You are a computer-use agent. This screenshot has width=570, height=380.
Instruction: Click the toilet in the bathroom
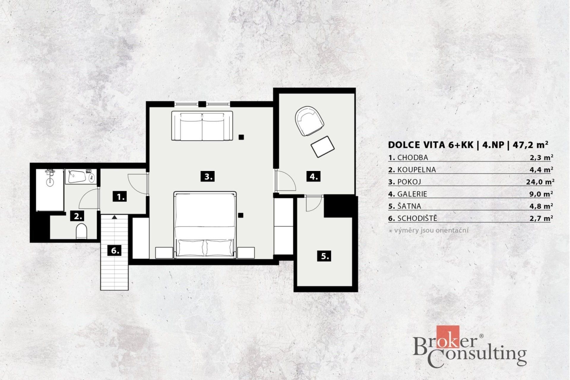(81, 231)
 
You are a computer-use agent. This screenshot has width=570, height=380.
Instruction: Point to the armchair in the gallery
(309, 121)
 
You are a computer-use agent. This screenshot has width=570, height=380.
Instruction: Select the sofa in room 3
(202, 126)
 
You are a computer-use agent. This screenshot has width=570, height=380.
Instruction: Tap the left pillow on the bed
(191, 248)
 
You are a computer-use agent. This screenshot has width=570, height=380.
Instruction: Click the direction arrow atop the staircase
(114, 217)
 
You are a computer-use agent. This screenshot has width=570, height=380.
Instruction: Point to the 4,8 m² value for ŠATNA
(541, 206)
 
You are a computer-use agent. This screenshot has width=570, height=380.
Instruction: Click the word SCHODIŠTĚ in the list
(417, 218)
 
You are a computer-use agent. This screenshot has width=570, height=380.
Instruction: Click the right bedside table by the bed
(246, 253)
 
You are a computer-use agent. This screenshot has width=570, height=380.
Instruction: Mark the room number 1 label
(121, 197)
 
